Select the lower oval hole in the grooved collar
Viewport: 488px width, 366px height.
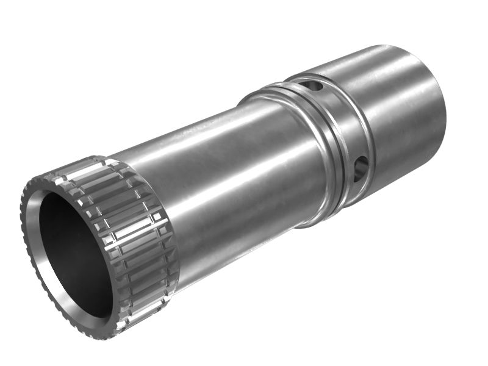[361, 168]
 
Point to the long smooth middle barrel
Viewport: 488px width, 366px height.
[232, 171]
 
